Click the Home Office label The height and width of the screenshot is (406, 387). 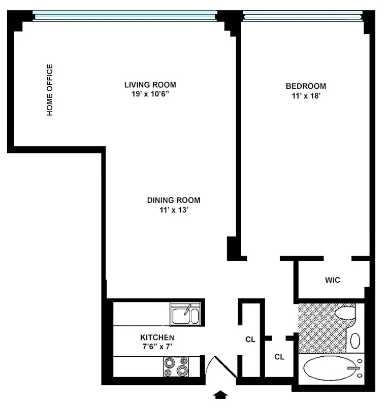(50, 90)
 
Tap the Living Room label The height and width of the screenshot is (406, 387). (150, 85)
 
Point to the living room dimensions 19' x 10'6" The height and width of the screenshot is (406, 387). (150, 94)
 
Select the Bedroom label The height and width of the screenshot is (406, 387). (306, 86)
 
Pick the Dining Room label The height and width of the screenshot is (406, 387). (174, 200)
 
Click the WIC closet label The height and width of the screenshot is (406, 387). (332, 280)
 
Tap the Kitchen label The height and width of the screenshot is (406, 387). (157, 337)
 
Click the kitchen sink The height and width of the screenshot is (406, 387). (185, 315)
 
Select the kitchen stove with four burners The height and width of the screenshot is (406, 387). (175, 367)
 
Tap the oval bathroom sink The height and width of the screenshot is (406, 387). (356, 340)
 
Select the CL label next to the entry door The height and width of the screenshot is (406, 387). (250, 339)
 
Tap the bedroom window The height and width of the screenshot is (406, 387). (303, 16)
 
